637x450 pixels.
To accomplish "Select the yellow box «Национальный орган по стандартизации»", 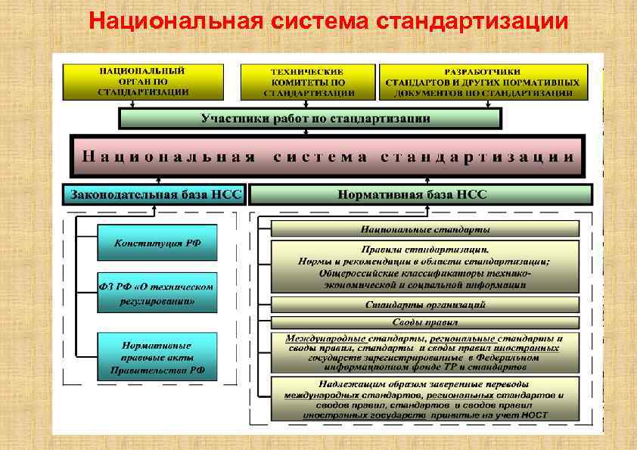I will pyautogui.click(x=143, y=82).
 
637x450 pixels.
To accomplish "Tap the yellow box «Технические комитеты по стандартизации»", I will pyautogui.click(x=309, y=82).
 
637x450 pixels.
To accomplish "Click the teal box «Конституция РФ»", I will pyautogui.click(x=157, y=244).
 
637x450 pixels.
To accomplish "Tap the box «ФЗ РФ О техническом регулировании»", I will pyautogui.click(x=157, y=293).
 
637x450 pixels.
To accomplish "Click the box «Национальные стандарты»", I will pyautogui.click(x=424, y=228).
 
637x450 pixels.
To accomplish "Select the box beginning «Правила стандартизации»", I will pyautogui.click(x=424, y=266).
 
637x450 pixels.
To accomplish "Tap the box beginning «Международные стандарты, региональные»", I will pyautogui.click(x=424, y=352).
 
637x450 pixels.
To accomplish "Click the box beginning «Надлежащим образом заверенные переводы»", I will pyautogui.click(x=424, y=399).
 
